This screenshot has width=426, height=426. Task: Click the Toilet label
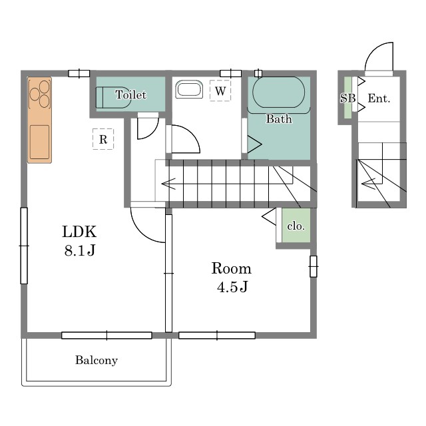[x=131, y=95]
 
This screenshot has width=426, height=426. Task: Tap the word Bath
[x=279, y=119]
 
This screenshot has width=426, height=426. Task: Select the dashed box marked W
[x=220, y=91]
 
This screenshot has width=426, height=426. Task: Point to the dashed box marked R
[x=103, y=139]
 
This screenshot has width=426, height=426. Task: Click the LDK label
[x=79, y=232]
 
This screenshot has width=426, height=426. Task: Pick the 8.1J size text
[x=80, y=250]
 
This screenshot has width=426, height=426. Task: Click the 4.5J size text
[x=232, y=287]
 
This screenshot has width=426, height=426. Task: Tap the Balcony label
[x=97, y=360]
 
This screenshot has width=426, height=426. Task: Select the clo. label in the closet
[x=296, y=226]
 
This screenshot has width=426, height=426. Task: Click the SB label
[x=347, y=98]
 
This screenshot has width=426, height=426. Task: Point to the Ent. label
[x=379, y=99]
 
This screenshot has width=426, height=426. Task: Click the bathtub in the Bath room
[x=279, y=93]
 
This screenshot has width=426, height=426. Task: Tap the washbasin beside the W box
[x=189, y=89]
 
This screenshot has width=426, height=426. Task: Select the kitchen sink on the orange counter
[x=40, y=142]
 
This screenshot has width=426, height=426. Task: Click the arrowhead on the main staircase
[x=168, y=184]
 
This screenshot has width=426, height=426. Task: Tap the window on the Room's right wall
[x=314, y=266]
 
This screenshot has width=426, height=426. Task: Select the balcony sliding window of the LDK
[x=106, y=335]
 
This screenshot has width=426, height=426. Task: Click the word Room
[x=232, y=268]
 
